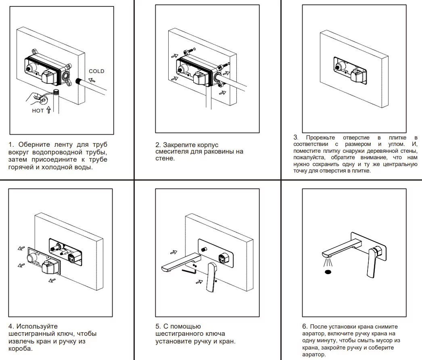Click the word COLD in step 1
pos(96,71)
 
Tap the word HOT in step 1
pos(38,110)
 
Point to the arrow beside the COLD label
pos(93,80)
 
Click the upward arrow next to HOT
pos(49,110)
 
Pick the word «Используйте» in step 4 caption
pos(37,326)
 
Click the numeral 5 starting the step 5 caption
pos(158,326)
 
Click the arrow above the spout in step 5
pos(173,252)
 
